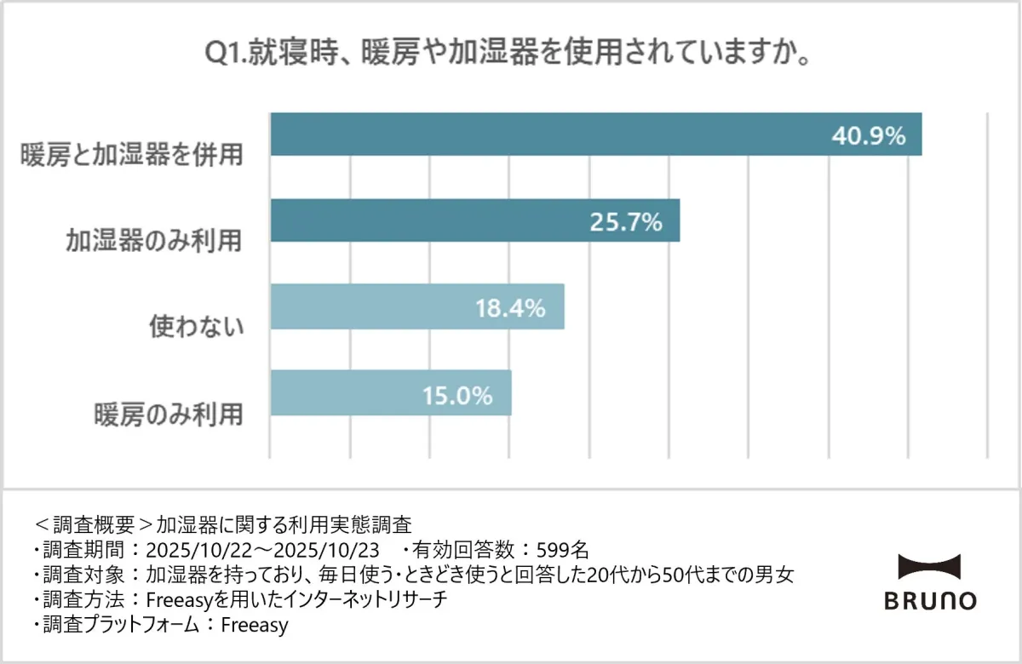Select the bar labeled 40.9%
pyautogui.click(x=595, y=135)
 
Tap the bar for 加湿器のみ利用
pyautogui.click(x=474, y=220)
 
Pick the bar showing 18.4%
pyautogui.click(x=416, y=306)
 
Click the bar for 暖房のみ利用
pyautogui.click(x=390, y=393)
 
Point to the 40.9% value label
pyautogui.click(x=868, y=135)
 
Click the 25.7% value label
pyautogui.click(x=625, y=222)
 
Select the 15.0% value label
pyautogui.click(x=457, y=395)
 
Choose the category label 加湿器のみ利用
pyautogui.click(x=154, y=241)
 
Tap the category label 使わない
pyautogui.click(x=197, y=327)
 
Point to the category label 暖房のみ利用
pyautogui.click(x=168, y=414)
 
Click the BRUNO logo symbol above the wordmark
pyautogui.click(x=929, y=567)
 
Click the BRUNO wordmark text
pyautogui.click(x=929, y=601)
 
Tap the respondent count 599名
pyautogui.click(x=560, y=549)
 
